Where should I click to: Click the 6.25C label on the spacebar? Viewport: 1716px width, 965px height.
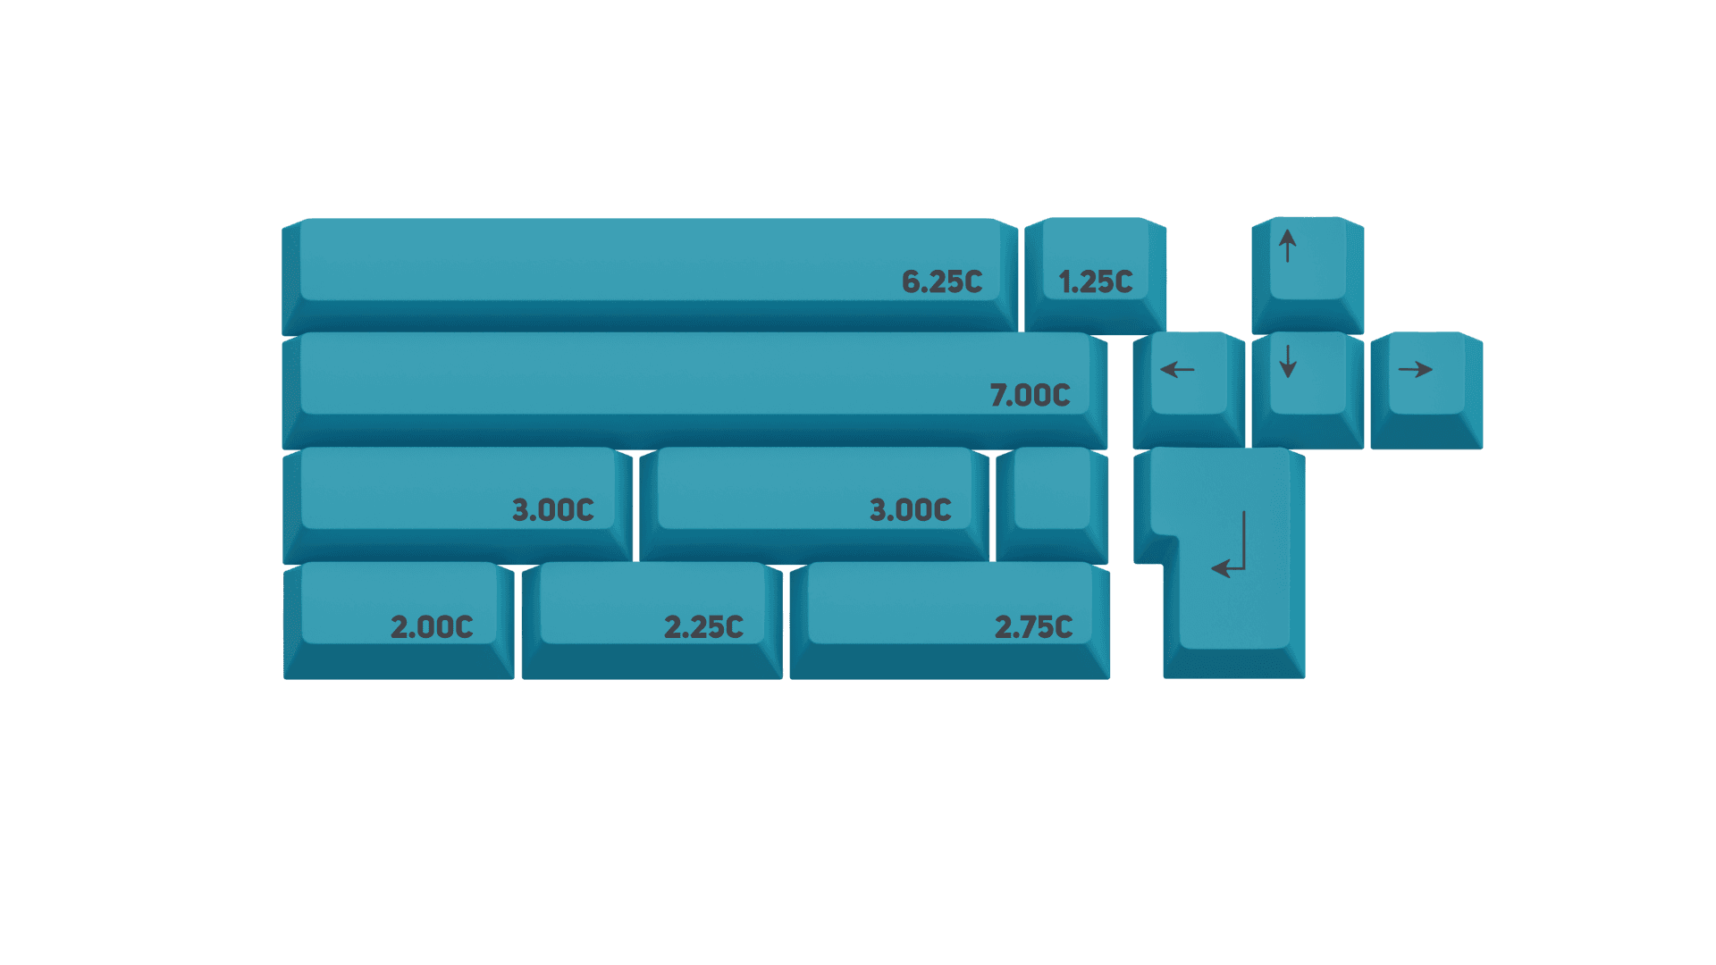click(942, 282)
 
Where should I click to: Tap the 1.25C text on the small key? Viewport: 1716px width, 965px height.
click(1096, 282)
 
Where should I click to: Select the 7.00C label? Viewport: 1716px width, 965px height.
click(1030, 395)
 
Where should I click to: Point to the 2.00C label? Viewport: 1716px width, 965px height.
click(432, 627)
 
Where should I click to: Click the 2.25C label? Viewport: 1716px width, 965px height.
click(703, 627)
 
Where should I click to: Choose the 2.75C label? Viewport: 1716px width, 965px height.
click(1033, 627)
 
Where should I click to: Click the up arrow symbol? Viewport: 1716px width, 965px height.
click(1287, 246)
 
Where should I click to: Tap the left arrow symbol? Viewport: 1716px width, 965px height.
click(1177, 369)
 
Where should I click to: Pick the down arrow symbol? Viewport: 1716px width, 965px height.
click(1287, 361)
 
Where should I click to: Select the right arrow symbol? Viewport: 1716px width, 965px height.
click(1416, 369)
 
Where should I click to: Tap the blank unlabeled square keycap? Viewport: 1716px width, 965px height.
click(1052, 500)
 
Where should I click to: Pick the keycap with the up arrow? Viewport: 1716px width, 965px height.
click(1308, 273)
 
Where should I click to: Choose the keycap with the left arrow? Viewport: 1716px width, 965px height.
click(1188, 389)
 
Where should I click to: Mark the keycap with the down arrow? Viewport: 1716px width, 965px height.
click(1308, 389)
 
